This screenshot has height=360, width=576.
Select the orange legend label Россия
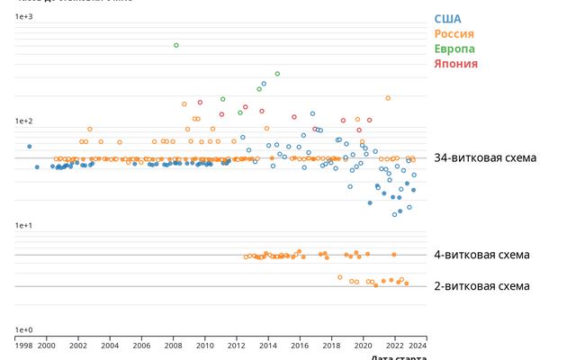click(454, 34)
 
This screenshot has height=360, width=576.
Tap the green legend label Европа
click(454, 49)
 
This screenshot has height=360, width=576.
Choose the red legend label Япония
click(455, 64)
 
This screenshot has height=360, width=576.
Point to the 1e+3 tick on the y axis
click(23, 17)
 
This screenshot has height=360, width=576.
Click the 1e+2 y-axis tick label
click(23, 121)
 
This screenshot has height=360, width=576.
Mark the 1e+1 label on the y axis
click(23, 226)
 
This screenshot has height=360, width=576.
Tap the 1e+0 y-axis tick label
click(23, 330)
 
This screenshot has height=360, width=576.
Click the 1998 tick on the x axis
click(23, 345)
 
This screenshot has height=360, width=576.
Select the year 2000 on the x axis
click(47, 345)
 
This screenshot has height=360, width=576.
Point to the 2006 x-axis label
click(141, 345)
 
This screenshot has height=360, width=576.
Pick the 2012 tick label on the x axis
click(237, 345)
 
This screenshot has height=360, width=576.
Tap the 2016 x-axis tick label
click(300, 345)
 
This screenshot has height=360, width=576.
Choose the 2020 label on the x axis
click(364, 345)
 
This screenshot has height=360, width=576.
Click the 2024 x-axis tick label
click(418, 345)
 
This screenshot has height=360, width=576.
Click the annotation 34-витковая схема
click(484, 158)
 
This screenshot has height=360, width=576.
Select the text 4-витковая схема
click(481, 255)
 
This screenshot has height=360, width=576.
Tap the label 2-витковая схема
click(481, 286)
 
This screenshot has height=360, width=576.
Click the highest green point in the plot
click(176, 45)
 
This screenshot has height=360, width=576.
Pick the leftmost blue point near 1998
click(29, 146)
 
